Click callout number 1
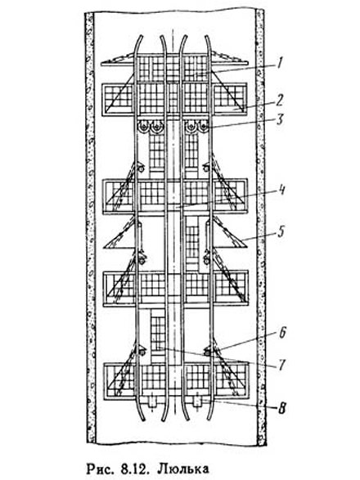(279, 63)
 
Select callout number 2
(280, 100)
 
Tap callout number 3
(280, 119)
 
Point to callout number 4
(281, 190)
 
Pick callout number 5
(281, 231)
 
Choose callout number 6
(282, 333)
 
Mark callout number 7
(282, 365)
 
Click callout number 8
(281, 408)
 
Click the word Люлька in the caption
(183, 468)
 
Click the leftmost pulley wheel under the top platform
(142, 127)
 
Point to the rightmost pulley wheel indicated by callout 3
(203, 127)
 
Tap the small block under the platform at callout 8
(197, 401)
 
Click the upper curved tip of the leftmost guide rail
(141, 37)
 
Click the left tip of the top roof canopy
(102, 64)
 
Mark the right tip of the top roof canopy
(246, 63)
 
